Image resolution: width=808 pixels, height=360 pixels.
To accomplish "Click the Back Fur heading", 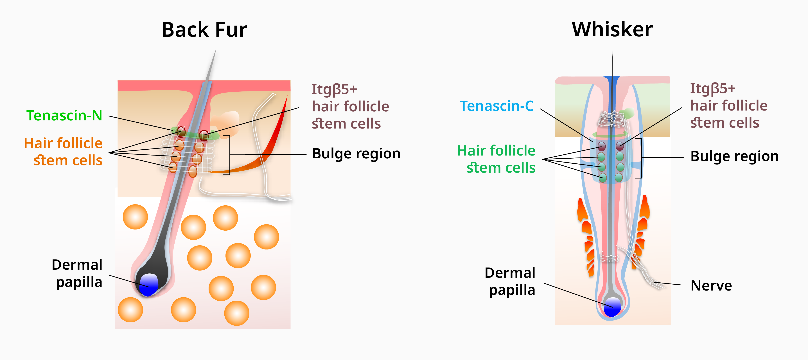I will [x=204, y=29].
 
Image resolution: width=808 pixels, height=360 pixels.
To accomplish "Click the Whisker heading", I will [x=612, y=29].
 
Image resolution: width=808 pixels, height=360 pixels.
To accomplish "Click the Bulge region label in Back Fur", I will [x=356, y=154].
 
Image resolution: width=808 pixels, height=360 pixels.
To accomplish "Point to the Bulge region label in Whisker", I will [x=734, y=156].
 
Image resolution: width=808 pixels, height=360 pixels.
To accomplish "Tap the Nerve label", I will [x=712, y=286].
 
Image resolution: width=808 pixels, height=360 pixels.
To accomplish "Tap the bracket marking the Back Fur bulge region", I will [x=228, y=154].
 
